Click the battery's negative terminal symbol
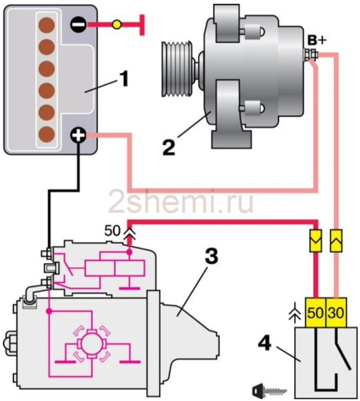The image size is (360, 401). pos(78,24)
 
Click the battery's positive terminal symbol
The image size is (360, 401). pos(78,135)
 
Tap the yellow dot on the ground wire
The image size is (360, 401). pos(117,24)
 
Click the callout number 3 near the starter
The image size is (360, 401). pos(211,256)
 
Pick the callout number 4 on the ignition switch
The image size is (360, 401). pos(264,343)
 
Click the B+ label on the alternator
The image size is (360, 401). pos(317,41)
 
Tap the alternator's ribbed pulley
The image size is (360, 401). pos(177,68)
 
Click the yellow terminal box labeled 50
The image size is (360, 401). pos(315,312)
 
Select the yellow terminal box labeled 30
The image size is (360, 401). pos(336,312)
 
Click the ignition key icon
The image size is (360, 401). pos(269,391)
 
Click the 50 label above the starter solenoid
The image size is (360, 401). pos(112,231)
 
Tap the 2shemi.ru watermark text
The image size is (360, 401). pos(181,203)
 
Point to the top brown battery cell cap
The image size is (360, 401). pos(47,25)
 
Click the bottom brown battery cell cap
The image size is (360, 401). pos(47,134)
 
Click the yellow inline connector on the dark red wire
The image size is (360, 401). pos(316,241)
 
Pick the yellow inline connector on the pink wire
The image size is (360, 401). pos(336,241)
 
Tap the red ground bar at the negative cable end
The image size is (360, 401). pos(142,25)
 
